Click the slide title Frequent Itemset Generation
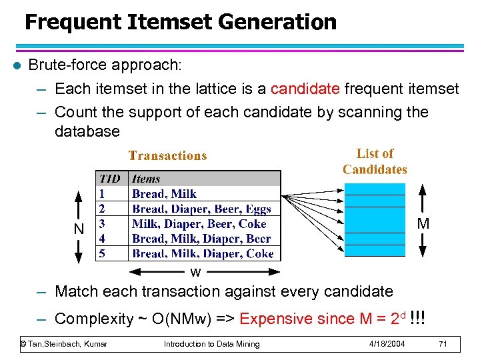click(180, 22)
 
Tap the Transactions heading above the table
click(167, 156)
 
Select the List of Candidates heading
click(375, 161)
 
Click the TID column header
click(109, 179)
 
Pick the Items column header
click(146, 179)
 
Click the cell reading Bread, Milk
click(164, 194)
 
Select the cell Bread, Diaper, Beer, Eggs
click(201, 209)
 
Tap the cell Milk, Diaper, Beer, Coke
click(199, 224)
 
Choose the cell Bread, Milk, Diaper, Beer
click(201, 239)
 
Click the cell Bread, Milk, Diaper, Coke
click(203, 253)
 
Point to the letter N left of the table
click(79, 229)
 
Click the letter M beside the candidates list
click(423, 224)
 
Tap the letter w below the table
click(195, 272)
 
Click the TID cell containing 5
click(102, 253)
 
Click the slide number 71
click(443, 344)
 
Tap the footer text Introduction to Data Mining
click(212, 344)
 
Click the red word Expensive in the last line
click(271, 319)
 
